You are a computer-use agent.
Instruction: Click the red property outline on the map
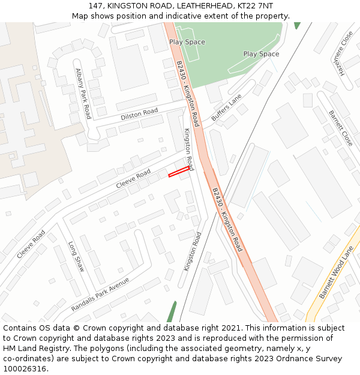[179, 173]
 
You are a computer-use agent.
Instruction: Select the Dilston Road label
[139, 114]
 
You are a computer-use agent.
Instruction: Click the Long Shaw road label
[76, 256]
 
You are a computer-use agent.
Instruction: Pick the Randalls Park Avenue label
[100, 295]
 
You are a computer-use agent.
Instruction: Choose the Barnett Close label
[341, 128]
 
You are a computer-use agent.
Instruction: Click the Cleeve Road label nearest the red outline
[134, 178]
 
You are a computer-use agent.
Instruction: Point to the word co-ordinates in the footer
[26, 359]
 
